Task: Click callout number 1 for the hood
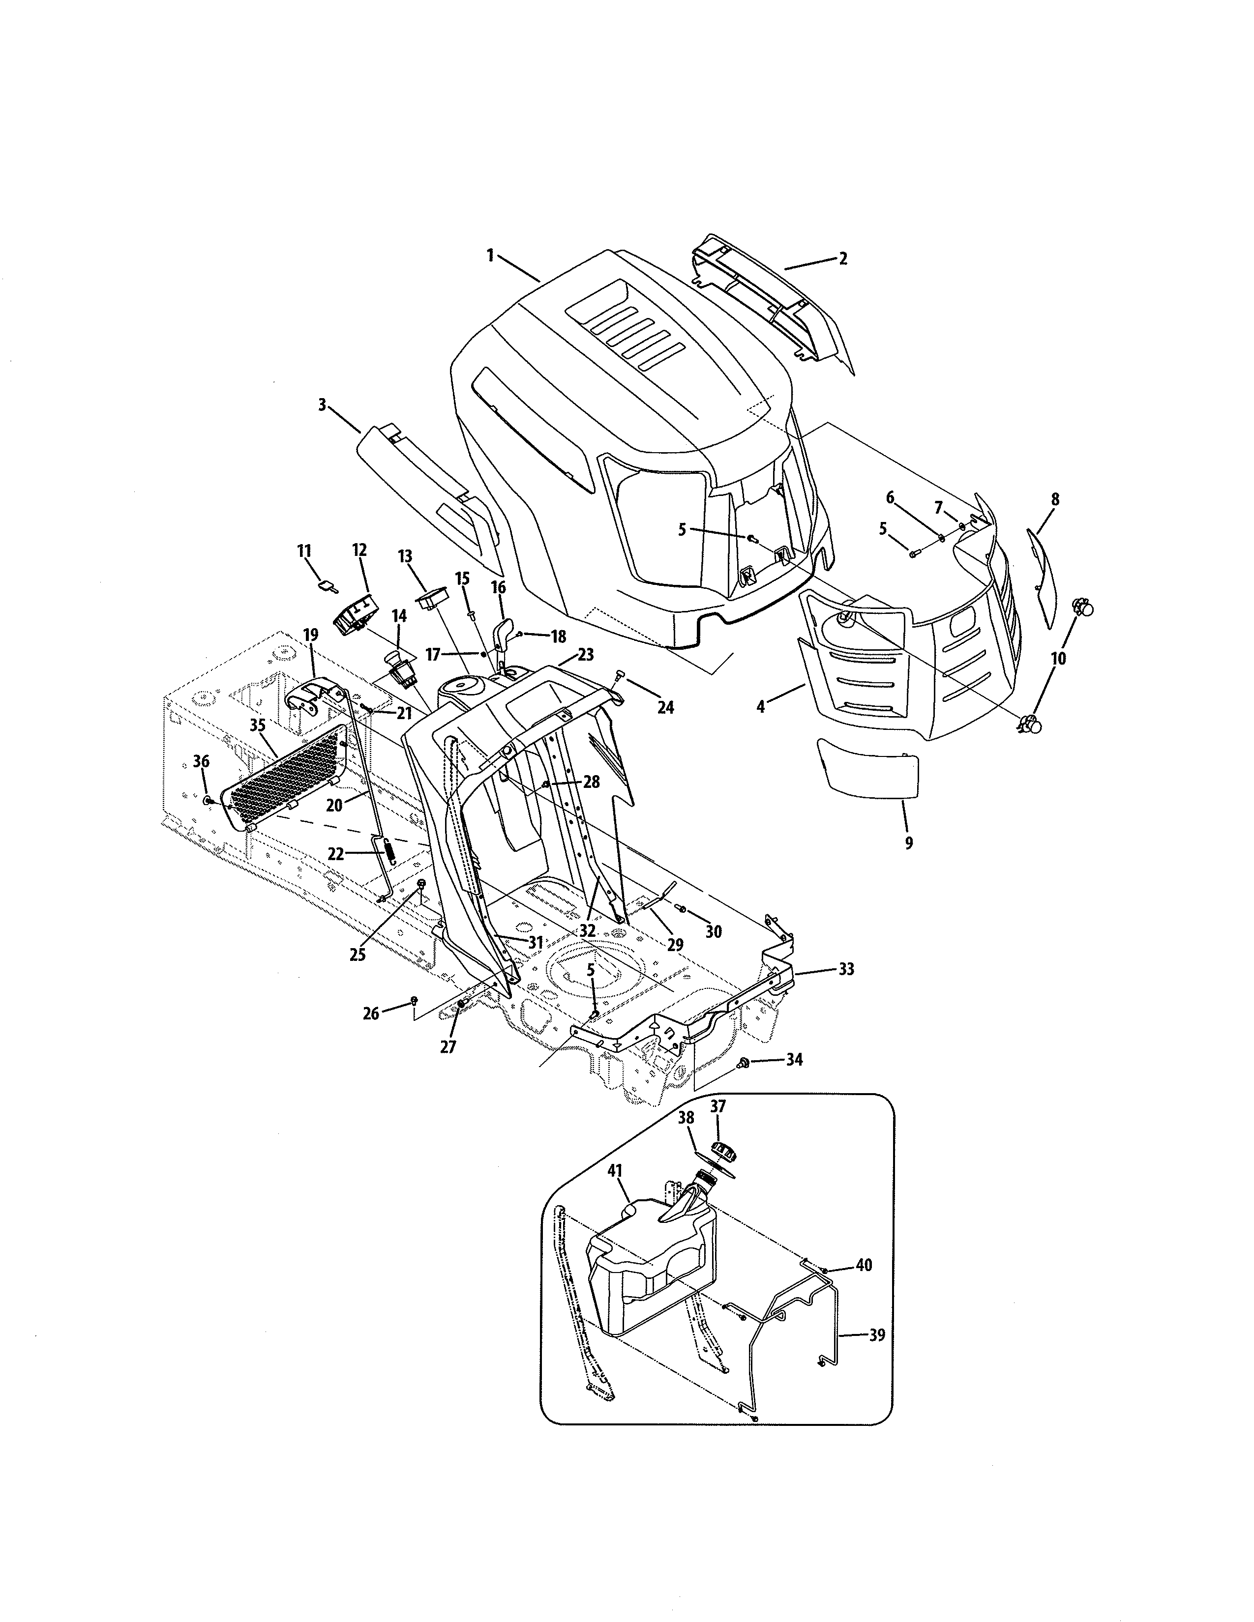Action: pos(490,256)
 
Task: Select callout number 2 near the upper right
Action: pos(842,259)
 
